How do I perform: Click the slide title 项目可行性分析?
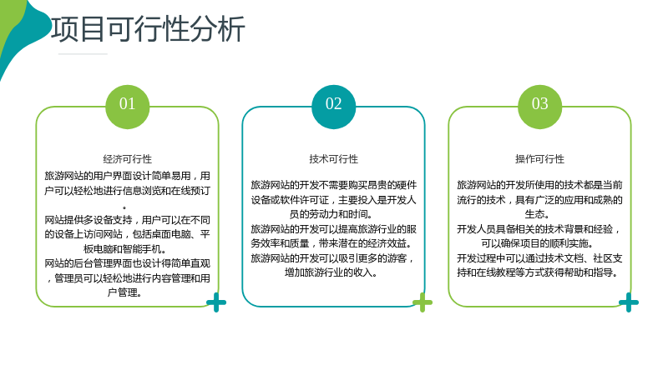coord(149,29)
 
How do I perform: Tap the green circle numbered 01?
coord(128,107)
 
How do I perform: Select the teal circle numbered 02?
coord(333,107)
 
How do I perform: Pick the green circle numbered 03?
coord(539,107)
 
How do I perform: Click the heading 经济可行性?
coord(128,159)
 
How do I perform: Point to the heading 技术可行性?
coord(333,159)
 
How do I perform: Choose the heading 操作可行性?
coord(539,159)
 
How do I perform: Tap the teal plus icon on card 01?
coord(216,302)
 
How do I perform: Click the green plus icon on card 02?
coord(423,302)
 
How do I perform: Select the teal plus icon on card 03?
coord(629,302)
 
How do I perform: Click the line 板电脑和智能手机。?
coord(124,248)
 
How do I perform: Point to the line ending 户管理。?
coord(124,292)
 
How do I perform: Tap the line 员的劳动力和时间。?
coord(331,214)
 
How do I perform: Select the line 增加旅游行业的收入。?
coord(331,272)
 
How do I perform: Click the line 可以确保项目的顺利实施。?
coord(537,243)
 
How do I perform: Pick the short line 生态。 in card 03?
coord(537,214)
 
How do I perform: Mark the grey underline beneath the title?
coord(83,54)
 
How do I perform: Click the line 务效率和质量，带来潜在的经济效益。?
coord(331,243)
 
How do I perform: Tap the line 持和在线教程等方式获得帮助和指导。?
coord(538,272)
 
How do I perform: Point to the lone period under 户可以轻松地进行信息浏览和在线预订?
coord(124,207)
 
